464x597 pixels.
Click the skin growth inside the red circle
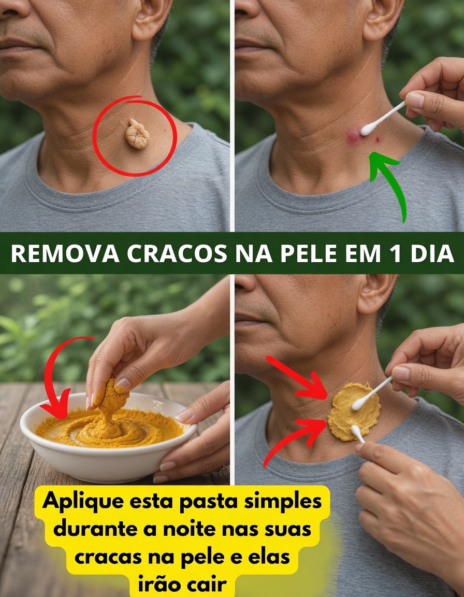point(137,134)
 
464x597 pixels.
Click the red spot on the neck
point(354,136)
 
